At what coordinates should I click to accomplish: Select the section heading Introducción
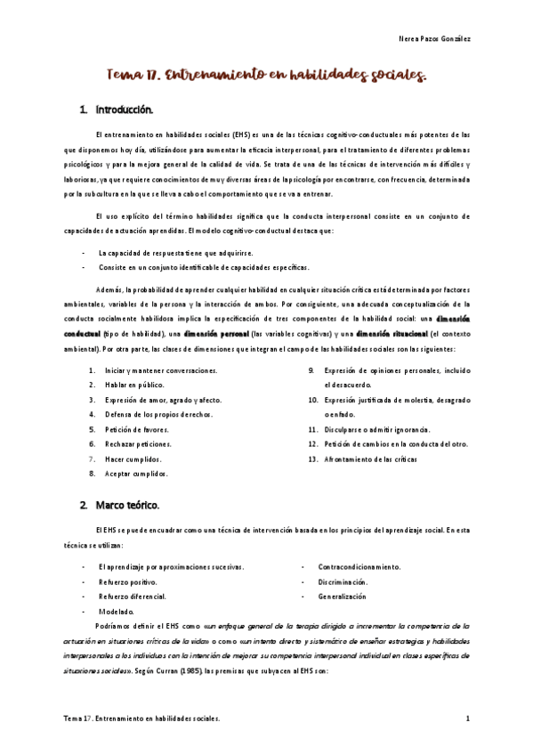[x=124, y=110]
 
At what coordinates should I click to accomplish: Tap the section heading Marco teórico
[x=125, y=506]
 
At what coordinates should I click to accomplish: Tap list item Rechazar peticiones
[x=137, y=443]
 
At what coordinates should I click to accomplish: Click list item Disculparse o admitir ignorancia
[x=376, y=428]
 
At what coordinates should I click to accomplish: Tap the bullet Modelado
[x=117, y=611]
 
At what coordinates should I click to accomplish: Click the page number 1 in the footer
[x=468, y=717]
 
